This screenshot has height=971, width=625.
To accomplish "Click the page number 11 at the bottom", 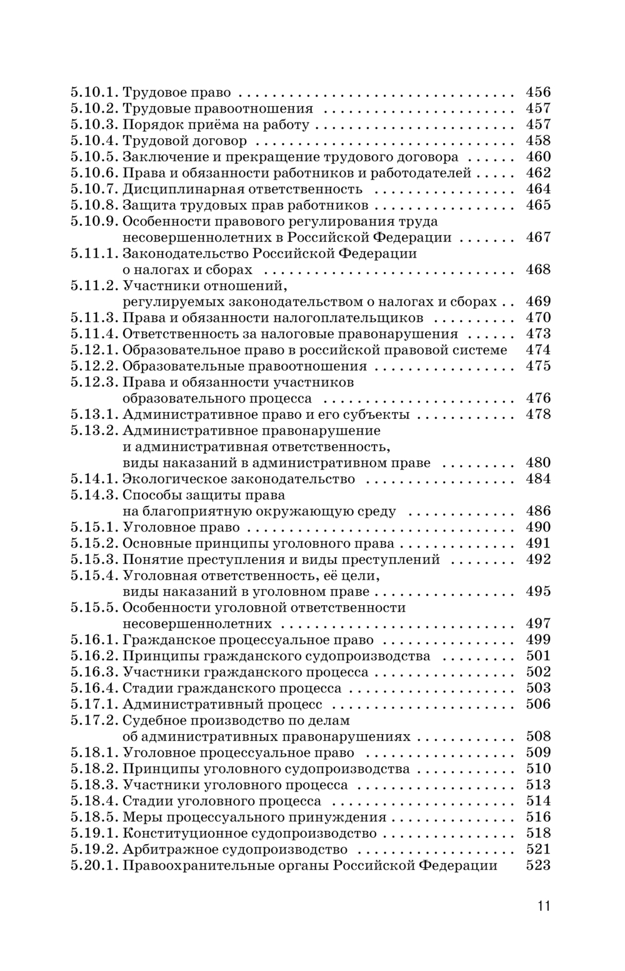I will click(543, 905).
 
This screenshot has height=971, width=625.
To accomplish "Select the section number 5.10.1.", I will click(94, 93).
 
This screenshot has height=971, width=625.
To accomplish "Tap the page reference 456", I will click(538, 93).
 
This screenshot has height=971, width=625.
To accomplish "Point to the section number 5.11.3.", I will click(94, 318).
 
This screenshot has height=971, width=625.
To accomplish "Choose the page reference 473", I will click(538, 334).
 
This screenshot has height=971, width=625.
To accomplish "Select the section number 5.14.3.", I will click(94, 495).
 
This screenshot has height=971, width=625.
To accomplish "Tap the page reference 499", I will click(538, 640).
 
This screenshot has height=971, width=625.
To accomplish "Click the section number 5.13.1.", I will click(94, 415).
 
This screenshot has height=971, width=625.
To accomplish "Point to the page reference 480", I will click(538, 463).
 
